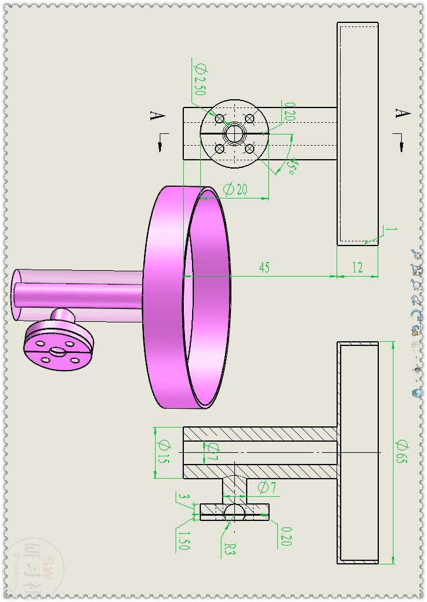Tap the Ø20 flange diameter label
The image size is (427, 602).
pyautogui.click(x=235, y=189)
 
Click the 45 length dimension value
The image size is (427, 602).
pyautogui.click(x=264, y=268)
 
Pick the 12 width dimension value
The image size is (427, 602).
pyautogui.click(x=357, y=268)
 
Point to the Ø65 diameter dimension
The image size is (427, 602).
pyautogui.click(x=402, y=452)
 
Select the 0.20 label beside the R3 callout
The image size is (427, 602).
pyautogui.click(x=286, y=536)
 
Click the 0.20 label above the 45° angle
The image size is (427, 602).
pyautogui.click(x=289, y=112)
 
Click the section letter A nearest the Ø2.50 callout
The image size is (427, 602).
pyautogui.click(x=157, y=116)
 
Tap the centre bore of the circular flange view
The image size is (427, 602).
pyautogui.click(x=234, y=133)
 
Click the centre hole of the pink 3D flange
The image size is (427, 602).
pyautogui.click(x=58, y=351)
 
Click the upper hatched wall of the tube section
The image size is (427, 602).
pyautogui.click(x=258, y=434)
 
